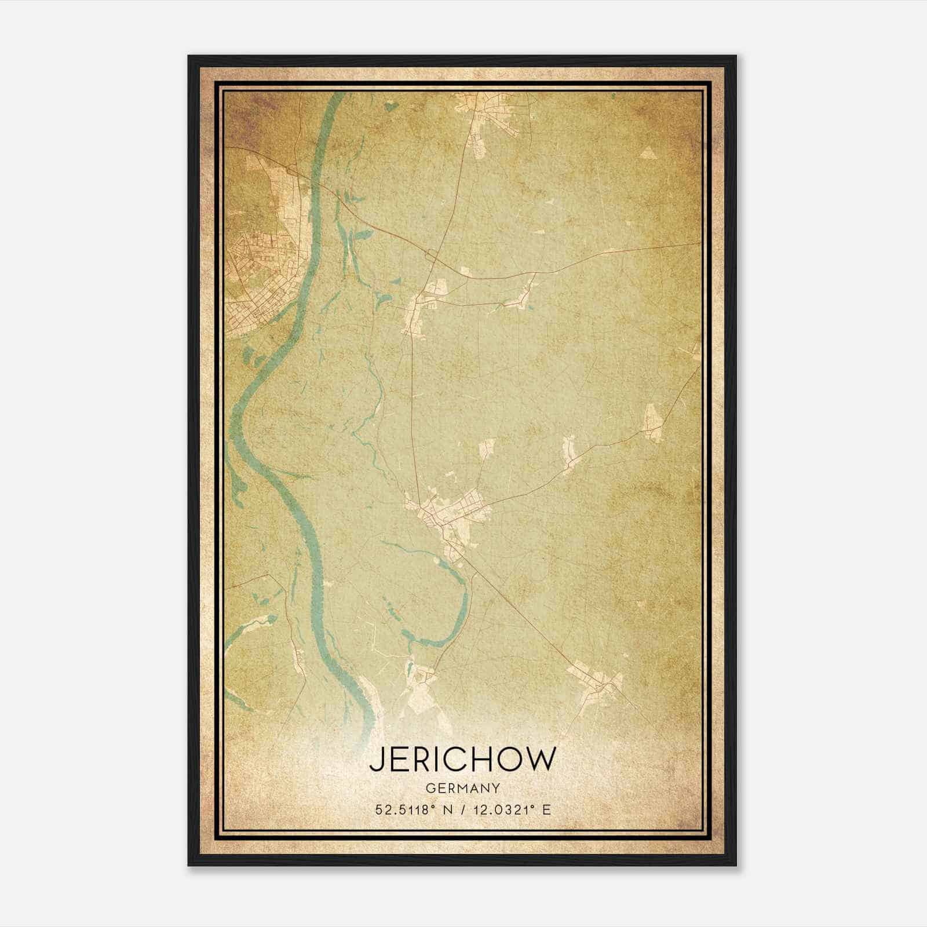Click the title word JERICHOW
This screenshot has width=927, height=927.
click(462, 760)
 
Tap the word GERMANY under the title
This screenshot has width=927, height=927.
click(462, 789)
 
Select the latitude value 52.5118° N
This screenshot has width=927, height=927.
click(411, 810)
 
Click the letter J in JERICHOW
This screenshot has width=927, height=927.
click(376, 760)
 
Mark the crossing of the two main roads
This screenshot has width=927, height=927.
click(433, 255)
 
